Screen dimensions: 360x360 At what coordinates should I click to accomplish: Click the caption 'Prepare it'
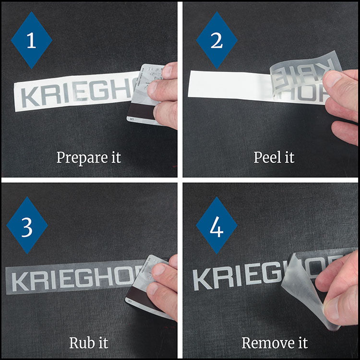89,157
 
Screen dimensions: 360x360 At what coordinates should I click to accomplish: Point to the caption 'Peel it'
274,157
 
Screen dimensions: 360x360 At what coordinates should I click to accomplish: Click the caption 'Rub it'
89,343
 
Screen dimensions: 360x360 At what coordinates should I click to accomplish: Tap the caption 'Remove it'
274,343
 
